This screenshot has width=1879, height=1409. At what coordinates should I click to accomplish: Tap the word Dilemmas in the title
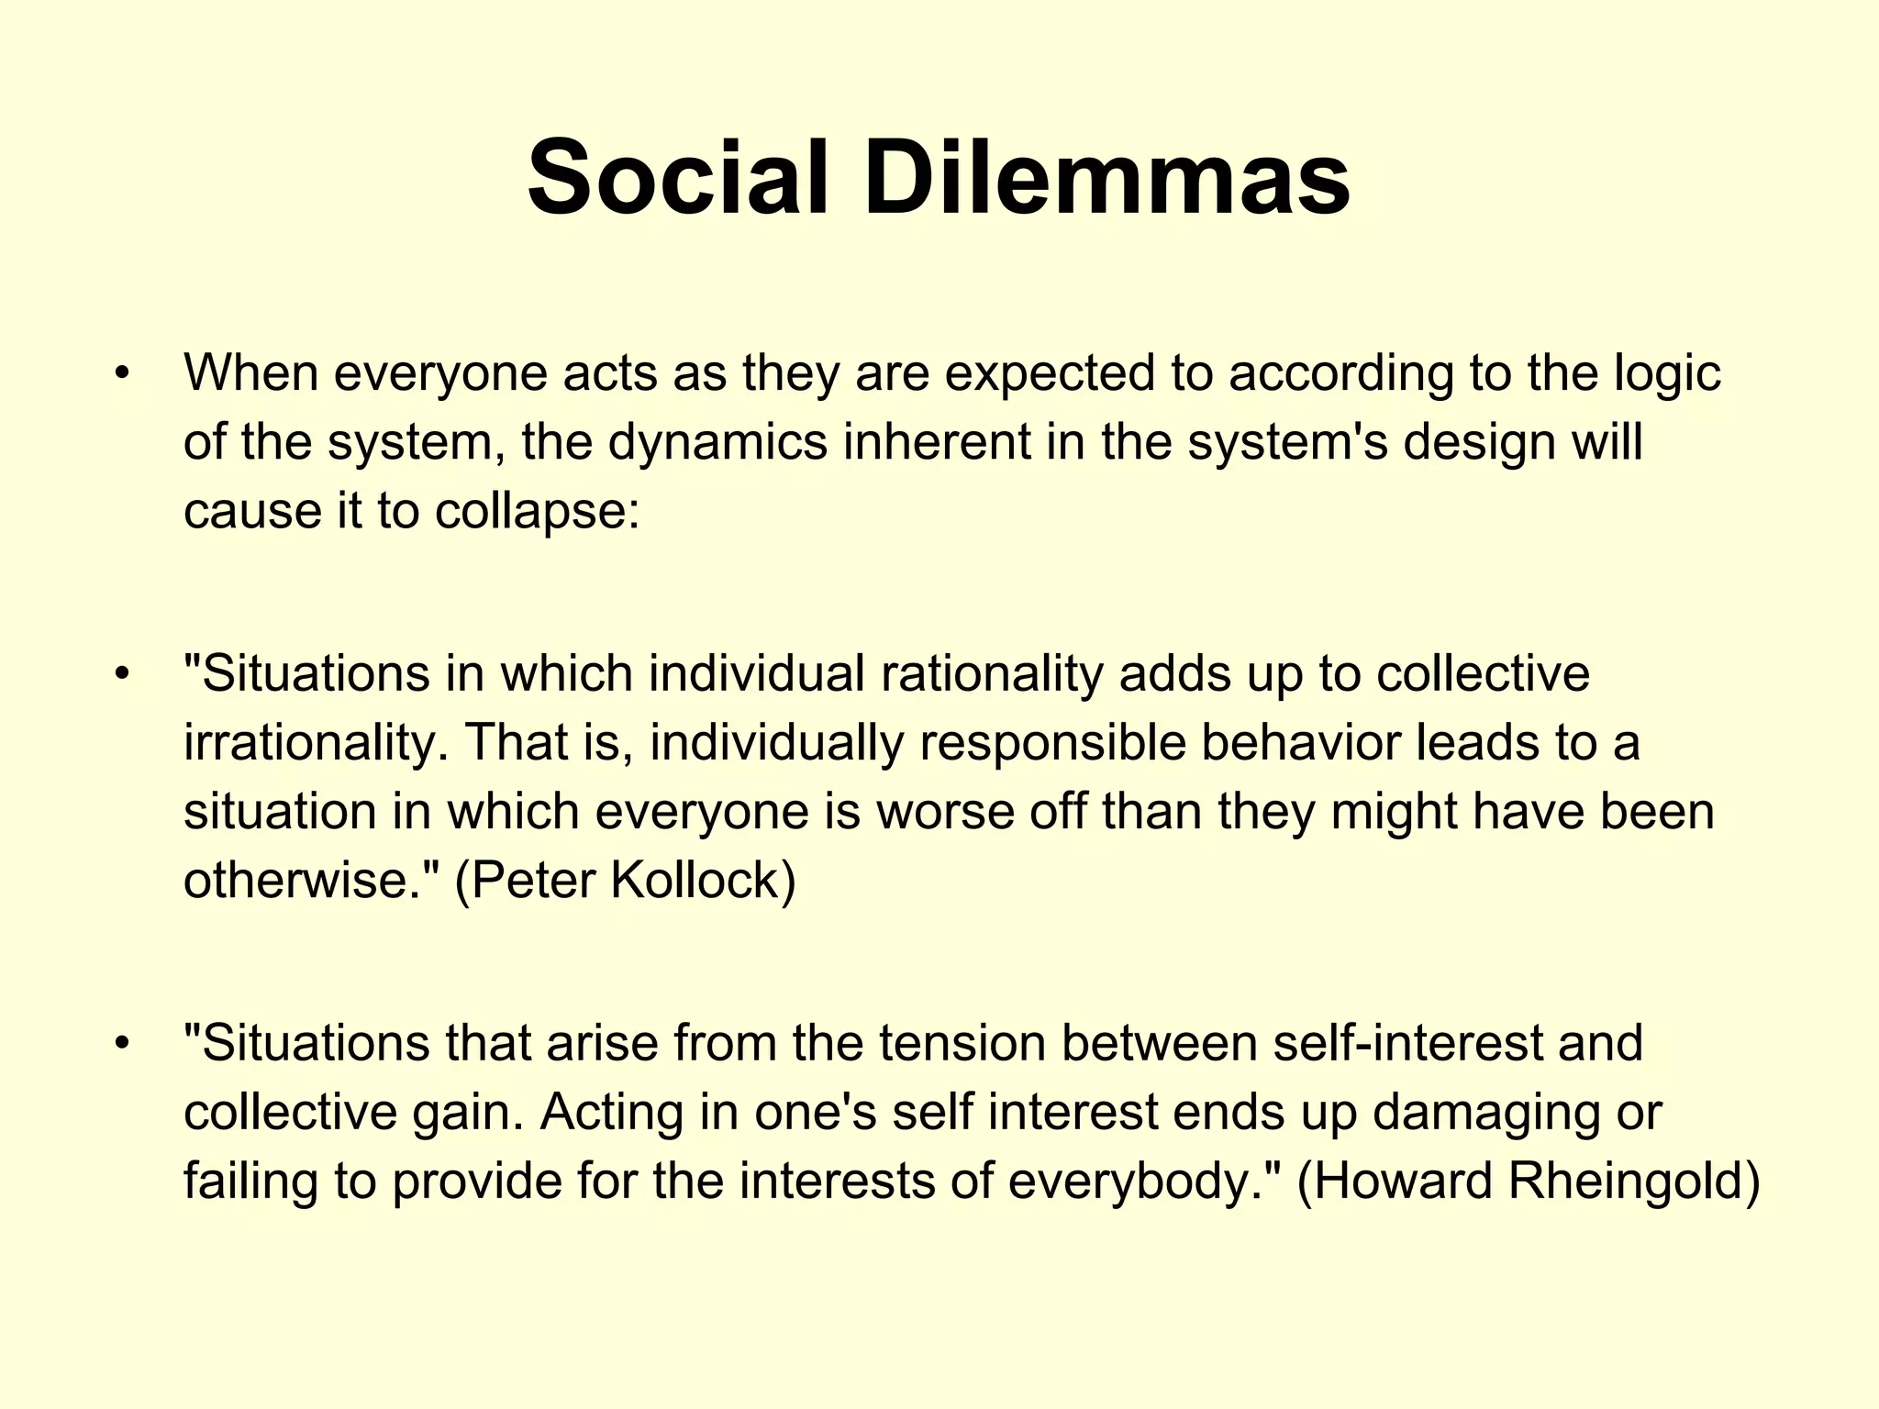pyautogui.click(x=1106, y=176)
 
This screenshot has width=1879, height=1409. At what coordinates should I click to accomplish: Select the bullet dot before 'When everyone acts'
pyautogui.click(x=121, y=374)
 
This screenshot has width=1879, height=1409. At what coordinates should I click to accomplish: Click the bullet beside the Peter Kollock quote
pyautogui.click(x=121, y=675)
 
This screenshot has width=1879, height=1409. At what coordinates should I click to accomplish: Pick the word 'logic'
pyautogui.click(x=1667, y=374)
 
